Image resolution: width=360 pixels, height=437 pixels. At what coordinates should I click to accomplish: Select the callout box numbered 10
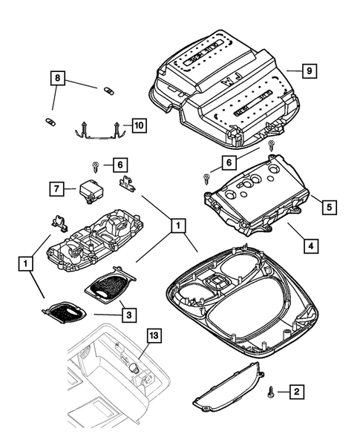coord(139,125)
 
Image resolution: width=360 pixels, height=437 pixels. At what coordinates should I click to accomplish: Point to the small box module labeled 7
coord(90,190)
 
